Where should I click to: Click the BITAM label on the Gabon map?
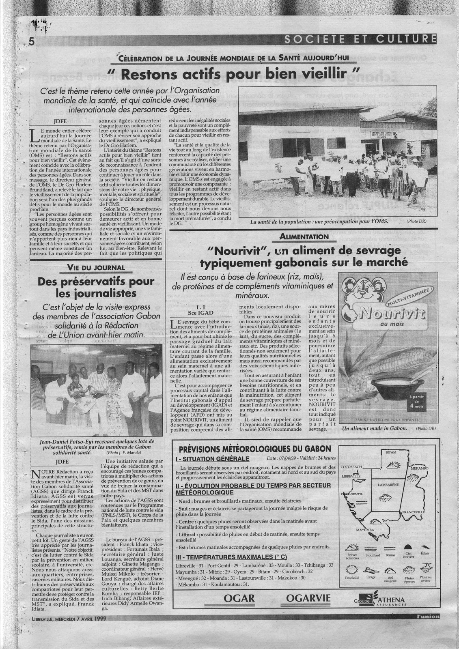390,452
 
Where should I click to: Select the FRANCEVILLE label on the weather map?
414,512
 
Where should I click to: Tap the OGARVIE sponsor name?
308,598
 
